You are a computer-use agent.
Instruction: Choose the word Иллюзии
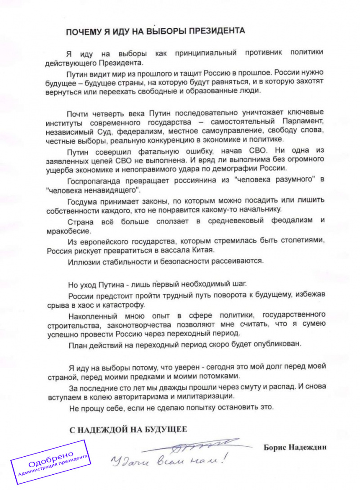[82, 261]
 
